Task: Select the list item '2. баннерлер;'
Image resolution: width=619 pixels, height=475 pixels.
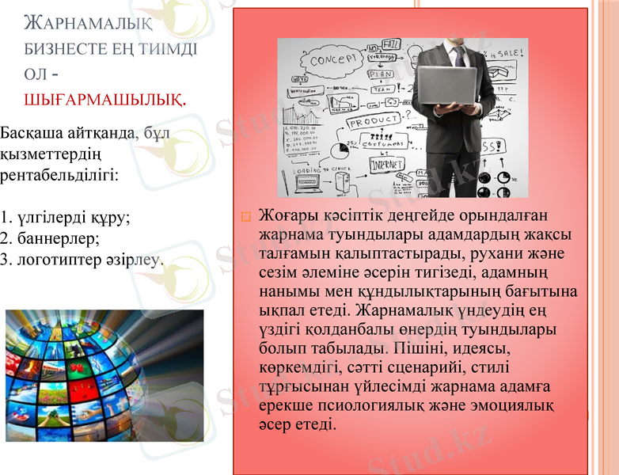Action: pyautogui.click(x=49, y=237)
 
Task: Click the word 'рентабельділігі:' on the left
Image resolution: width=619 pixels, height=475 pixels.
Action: pyautogui.click(x=59, y=173)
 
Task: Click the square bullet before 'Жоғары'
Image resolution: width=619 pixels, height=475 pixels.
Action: pyautogui.click(x=245, y=216)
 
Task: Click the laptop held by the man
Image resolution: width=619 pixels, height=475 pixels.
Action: pyautogui.click(x=446, y=85)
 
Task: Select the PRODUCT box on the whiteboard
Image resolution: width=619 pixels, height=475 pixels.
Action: pyautogui.click(x=374, y=123)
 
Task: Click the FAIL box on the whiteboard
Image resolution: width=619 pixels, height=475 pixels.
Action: pyautogui.click(x=391, y=45)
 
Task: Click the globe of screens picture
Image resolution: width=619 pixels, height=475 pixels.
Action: pyautogui.click(x=104, y=374)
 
